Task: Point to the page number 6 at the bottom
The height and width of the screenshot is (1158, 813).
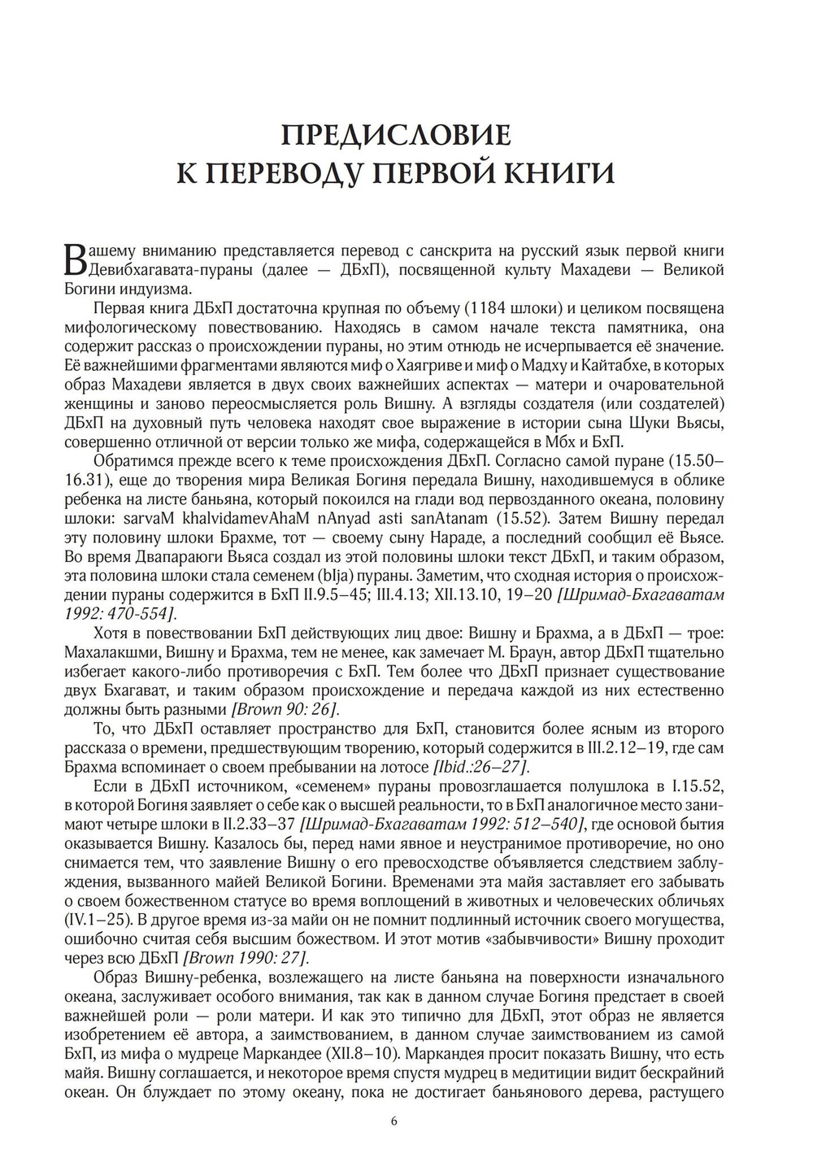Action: click(x=394, y=1121)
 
